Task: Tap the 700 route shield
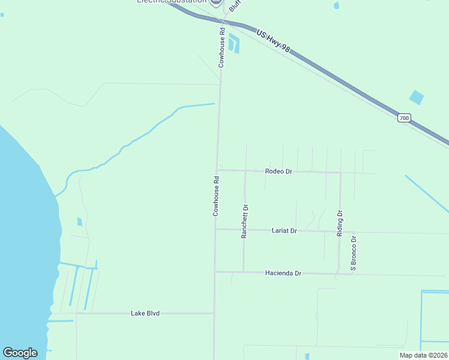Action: pyautogui.click(x=404, y=119)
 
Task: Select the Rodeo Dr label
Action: pyautogui.click(x=279, y=172)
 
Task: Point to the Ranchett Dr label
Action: pyautogui.click(x=245, y=221)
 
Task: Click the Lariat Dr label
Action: pyautogui.click(x=285, y=230)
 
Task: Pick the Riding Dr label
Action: pyautogui.click(x=340, y=223)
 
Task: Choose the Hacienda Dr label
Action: pyautogui.click(x=283, y=273)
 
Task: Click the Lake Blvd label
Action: pyautogui.click(x=145, y=313)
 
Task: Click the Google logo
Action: pyautogui.click(x=20, y=353)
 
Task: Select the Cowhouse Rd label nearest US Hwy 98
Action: pyautogui.click(x=221, y=47)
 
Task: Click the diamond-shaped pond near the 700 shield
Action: pyautogui.click(x=416, y=97)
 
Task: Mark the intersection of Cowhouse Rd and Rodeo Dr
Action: pyautogui.click(x=217, y=170)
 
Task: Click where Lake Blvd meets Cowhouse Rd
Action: pyautogui.click(x=214, y=313)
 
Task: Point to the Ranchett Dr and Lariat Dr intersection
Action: pyautogui.click(x=244, y=229)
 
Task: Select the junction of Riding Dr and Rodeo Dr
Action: pyautogui.click(x=340, y=173)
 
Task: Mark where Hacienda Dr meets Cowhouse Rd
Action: pyautogui.click(x=215, y=271)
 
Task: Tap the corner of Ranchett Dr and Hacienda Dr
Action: pyautogui.click(x=244, y=272)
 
